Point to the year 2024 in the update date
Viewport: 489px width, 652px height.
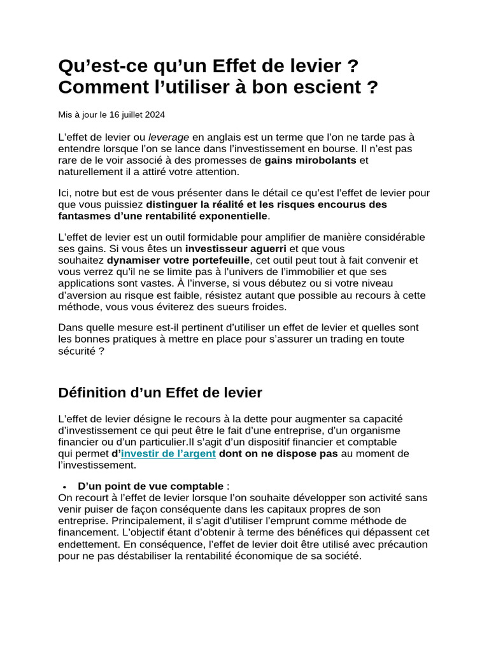(155, 115)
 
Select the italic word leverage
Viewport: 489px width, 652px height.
(169, 137)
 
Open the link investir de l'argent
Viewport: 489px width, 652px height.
(168, 454)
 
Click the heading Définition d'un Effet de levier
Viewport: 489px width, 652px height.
(160, 393)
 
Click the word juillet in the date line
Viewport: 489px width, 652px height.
(125, 115)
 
